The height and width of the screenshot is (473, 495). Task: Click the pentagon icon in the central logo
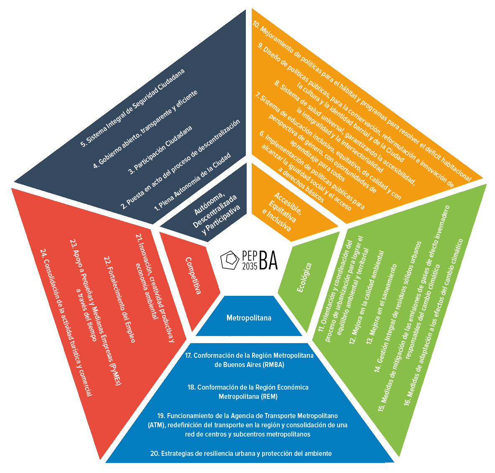click(230, 260)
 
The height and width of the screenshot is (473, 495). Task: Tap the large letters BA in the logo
click(268, 261)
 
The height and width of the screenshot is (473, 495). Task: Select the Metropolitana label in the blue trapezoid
click(249, 318)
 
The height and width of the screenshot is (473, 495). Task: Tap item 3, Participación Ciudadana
click(160, 150)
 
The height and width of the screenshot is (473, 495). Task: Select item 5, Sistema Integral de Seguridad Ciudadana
click(132, 108)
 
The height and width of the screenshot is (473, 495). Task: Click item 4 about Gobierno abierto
click(145, 129)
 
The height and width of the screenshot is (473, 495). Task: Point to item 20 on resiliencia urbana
click(241, 453)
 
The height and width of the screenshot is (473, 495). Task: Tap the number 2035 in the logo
click(250, 266)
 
